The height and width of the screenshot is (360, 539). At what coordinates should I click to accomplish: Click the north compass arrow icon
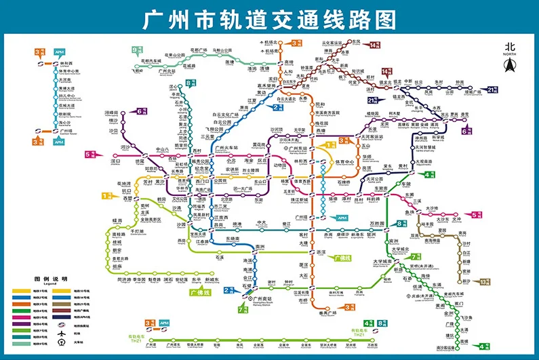[509, 65]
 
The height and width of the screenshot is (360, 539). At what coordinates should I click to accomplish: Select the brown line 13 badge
[484, 281]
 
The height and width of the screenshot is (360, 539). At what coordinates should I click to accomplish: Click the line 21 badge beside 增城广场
[494, 88]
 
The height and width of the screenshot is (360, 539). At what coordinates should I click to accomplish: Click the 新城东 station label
[211, 279]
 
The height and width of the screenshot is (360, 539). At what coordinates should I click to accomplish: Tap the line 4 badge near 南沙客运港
[483, 346]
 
